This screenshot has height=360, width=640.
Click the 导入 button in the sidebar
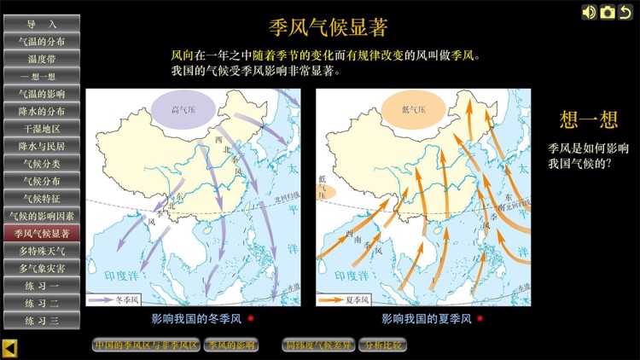pos(41,23)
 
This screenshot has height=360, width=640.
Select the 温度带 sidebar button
pos(41,59)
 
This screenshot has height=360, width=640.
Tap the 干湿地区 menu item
pos(41,128)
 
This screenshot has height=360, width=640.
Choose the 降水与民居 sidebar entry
pos(41,146)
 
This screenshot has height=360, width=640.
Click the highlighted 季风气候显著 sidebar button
pos(41,233)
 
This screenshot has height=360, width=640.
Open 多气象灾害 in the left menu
pos(41,268)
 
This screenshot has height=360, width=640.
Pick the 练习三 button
pos(41,320)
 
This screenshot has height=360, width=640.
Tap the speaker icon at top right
pos(589,12)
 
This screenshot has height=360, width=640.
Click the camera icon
pos(607,12)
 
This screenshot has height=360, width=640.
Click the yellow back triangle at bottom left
pos(9,347)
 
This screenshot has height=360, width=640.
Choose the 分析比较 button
pos(382,345)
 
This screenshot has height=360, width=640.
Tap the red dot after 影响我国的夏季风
pos(480,319)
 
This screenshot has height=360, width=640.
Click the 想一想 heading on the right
pos(585,119)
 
